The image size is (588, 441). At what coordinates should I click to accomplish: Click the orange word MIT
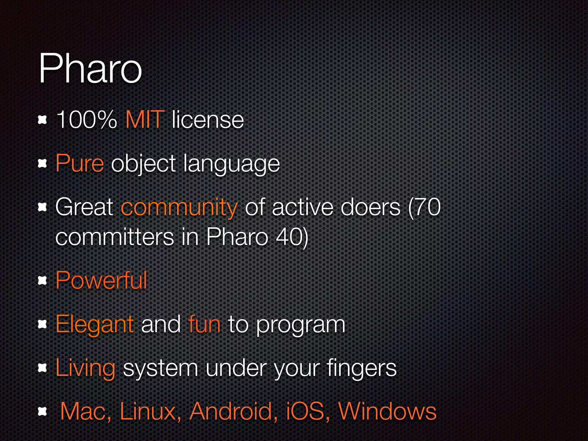pyautogui.click(x=145, y=119)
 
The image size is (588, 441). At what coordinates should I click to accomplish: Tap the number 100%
pyautogui.click(x=86, y=119)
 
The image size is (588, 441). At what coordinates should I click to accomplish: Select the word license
pyautogui.click(x=208, y=119)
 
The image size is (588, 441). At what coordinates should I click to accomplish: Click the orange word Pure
pyautogui.click(x=80, y=163)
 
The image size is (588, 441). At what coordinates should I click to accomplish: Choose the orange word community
pyautogui.click(x=179, y=207)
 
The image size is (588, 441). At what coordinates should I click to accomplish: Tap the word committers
pyautogui.click(x=115, y=237)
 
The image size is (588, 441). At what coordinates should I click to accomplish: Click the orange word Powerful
pyautogui.click(x=101, y=280)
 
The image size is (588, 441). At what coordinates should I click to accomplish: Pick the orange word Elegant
pyautogui.click(x=95, y=324)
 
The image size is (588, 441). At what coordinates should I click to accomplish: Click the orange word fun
pyautogui.click(x=204, y=324)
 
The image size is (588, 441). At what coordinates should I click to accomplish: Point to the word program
pyautogui.click(x=301, y=326)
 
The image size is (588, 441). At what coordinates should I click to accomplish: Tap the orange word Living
pyautogui.click(x=86, y=368)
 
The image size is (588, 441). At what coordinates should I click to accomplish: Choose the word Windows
pyautogui.click(x=388, y=411)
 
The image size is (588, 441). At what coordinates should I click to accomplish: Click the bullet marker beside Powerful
pyautogui.click(x=42, y=281)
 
